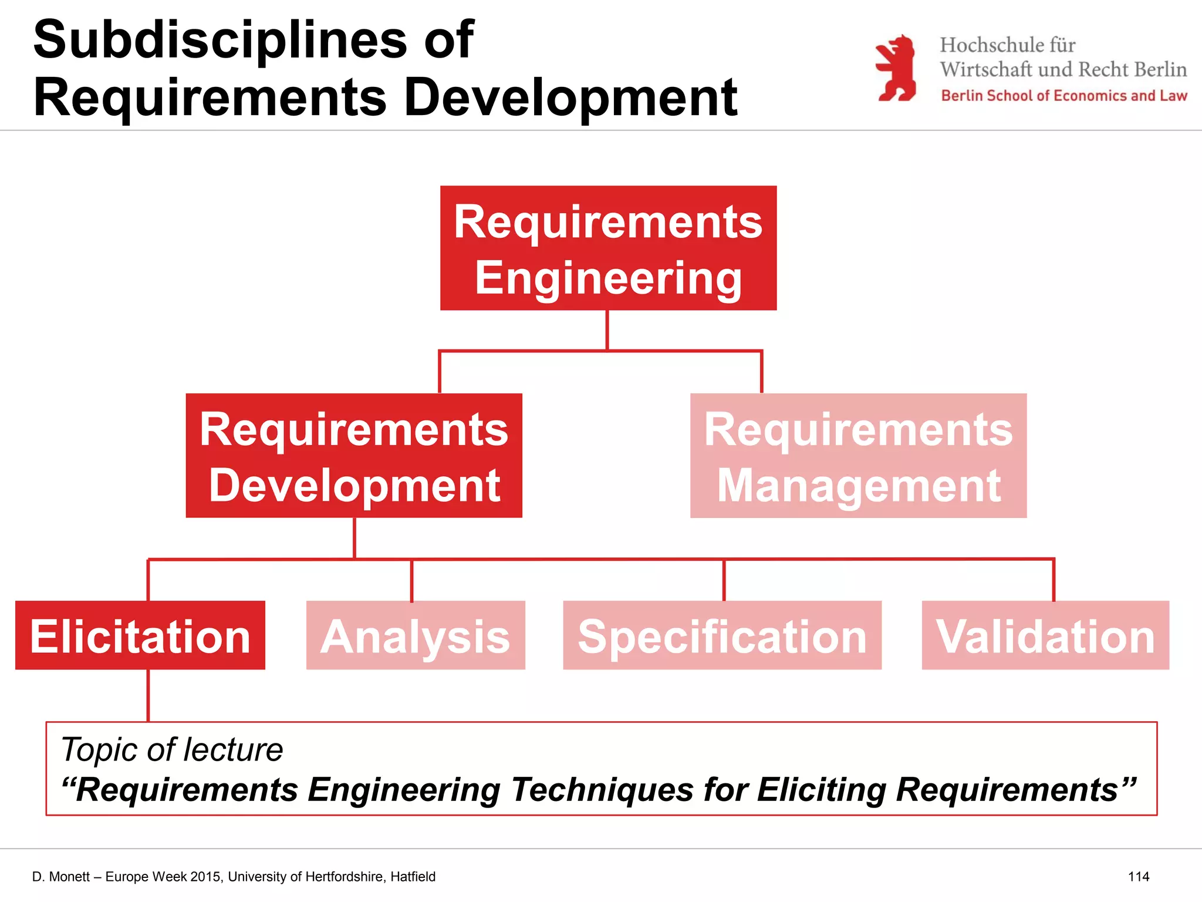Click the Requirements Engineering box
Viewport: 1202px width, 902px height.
click(608, 248)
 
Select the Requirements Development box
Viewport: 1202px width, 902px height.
click(354, 456)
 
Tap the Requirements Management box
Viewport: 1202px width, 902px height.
click(858, 456)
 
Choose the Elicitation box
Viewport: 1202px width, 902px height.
click(140, 635)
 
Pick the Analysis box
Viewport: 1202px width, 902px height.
click(416, 635)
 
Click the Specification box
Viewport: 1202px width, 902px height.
click(722, 635)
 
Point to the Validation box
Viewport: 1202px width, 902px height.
click(1045, 635)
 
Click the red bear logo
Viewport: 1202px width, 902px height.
click(896, 68)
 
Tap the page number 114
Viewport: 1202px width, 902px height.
click(1138, 877)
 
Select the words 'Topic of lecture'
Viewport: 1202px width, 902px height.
click(172, 749)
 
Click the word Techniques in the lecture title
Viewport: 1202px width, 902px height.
click(602, 789)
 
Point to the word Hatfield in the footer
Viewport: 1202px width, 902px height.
click(413, 877)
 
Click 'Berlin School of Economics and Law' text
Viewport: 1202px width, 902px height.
click(1063, 96)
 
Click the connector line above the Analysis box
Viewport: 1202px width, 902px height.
click(411, 580)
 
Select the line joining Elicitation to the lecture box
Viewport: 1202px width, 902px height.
click(148, 695)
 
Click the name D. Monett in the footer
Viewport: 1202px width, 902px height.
click(61, 877)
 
